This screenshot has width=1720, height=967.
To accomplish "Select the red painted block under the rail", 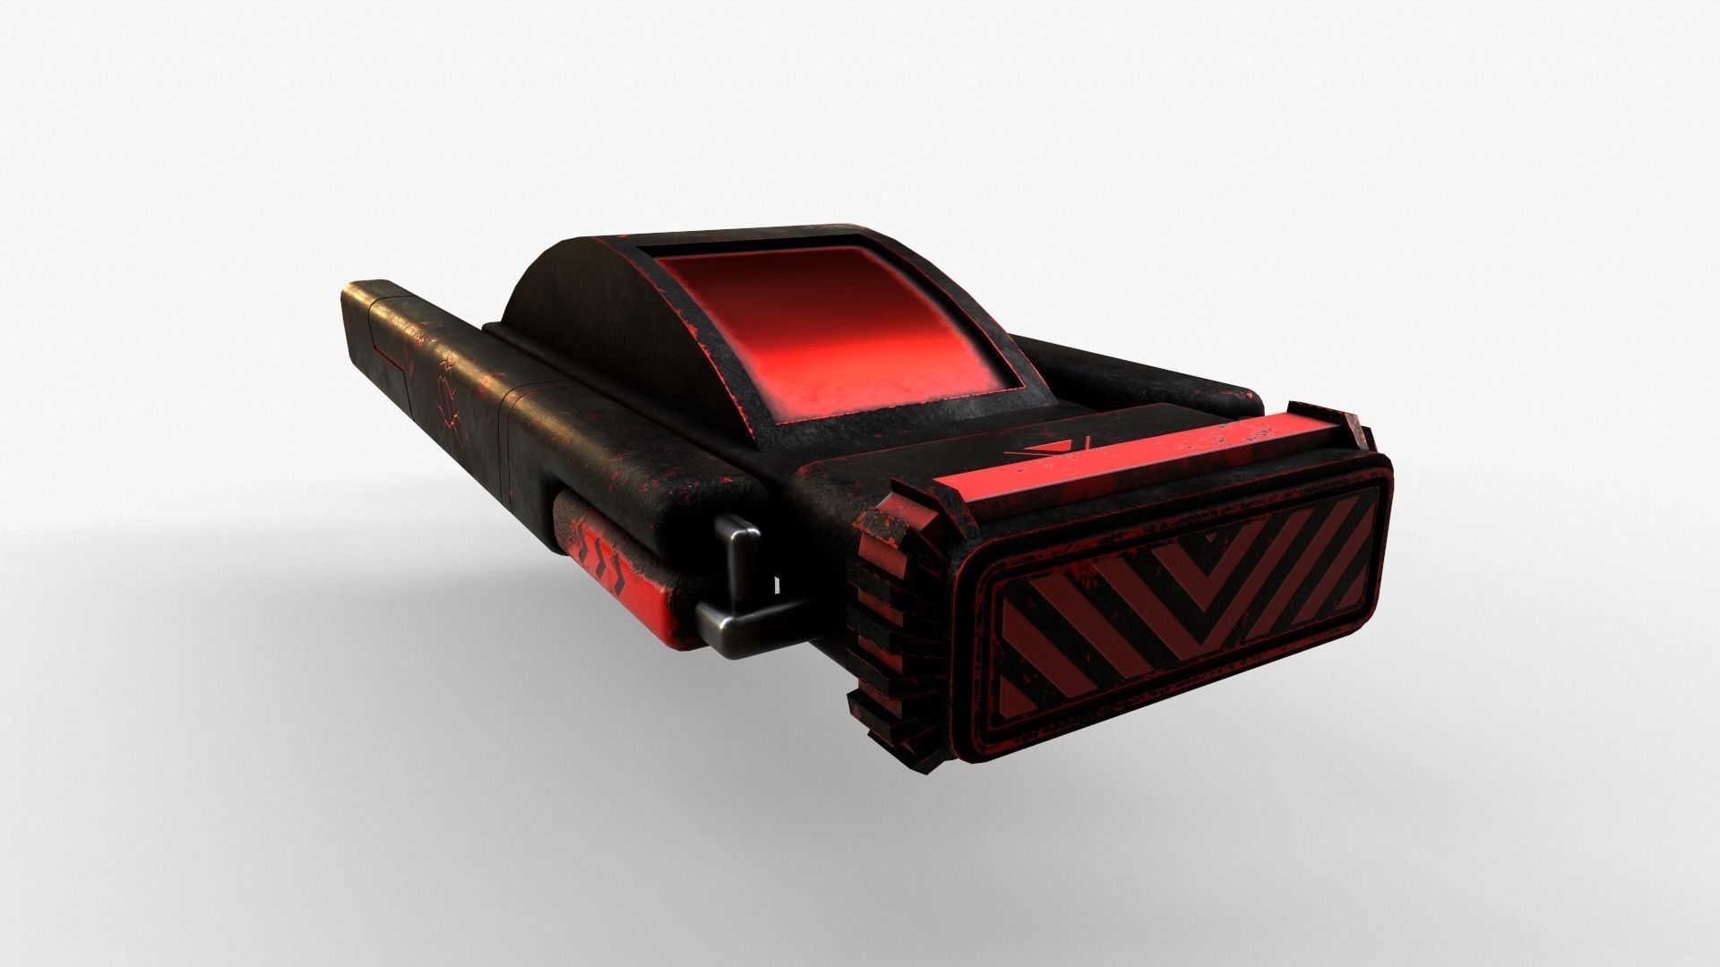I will pos(618,609).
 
